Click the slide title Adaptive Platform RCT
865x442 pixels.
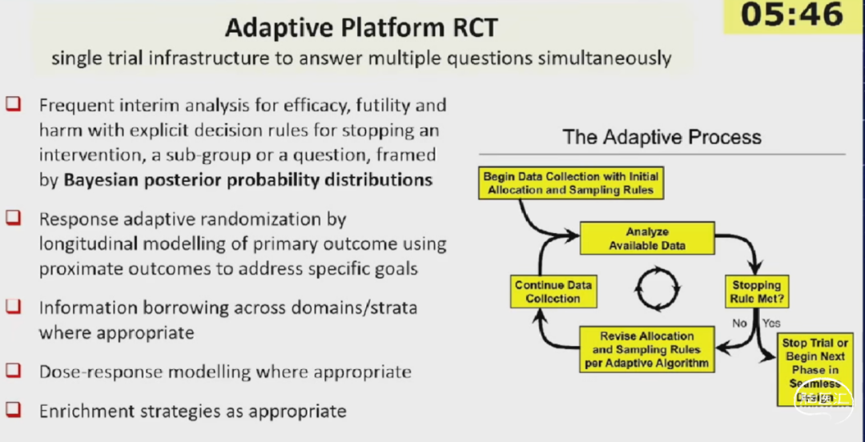click(360, 27)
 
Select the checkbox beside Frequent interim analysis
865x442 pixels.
click(14, 105)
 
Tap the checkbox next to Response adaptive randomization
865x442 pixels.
click(14, 218)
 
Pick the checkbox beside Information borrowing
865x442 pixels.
click(14, 307)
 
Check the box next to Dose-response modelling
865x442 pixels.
click(14, 371)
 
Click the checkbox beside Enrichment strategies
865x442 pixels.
click(14, 410)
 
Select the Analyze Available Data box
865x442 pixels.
click(647, 239)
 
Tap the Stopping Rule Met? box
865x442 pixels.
click(755, 291)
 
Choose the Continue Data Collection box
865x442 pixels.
click(553, 291)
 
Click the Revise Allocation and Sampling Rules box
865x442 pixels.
click(647, 349)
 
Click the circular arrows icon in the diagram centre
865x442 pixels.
click(657, 287)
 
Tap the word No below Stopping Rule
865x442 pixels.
click(738, 323)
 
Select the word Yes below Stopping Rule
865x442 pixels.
click(771, 323)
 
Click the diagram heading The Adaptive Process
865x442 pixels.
click(662, 136)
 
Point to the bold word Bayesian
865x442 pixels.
click(108, 179)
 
